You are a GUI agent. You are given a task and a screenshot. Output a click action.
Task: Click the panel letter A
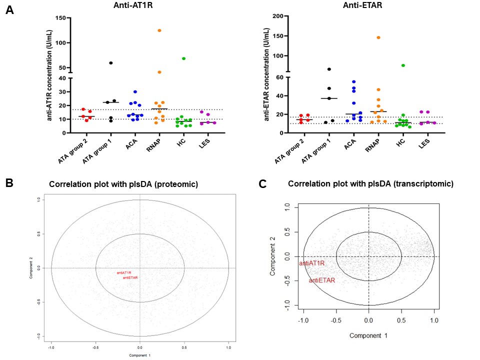click(9, 9)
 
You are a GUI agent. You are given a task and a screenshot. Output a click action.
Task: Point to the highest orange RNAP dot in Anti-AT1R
click(159, 30)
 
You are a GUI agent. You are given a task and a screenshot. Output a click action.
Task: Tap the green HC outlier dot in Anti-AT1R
click(184, 58)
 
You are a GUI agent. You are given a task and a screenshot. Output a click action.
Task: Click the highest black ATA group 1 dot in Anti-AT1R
click(111, 63)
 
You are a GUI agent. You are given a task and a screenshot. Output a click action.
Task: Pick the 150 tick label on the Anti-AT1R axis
click(60, 18)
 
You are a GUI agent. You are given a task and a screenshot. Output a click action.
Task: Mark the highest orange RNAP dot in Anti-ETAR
click(378, 37)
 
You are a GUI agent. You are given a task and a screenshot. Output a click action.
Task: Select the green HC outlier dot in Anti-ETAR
click(403, 65)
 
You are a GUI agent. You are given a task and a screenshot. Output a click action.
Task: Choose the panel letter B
click(9, 183)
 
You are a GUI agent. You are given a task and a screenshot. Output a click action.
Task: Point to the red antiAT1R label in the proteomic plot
click(123, 272)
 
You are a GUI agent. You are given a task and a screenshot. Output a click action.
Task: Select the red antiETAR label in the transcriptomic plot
click(321, 280)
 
